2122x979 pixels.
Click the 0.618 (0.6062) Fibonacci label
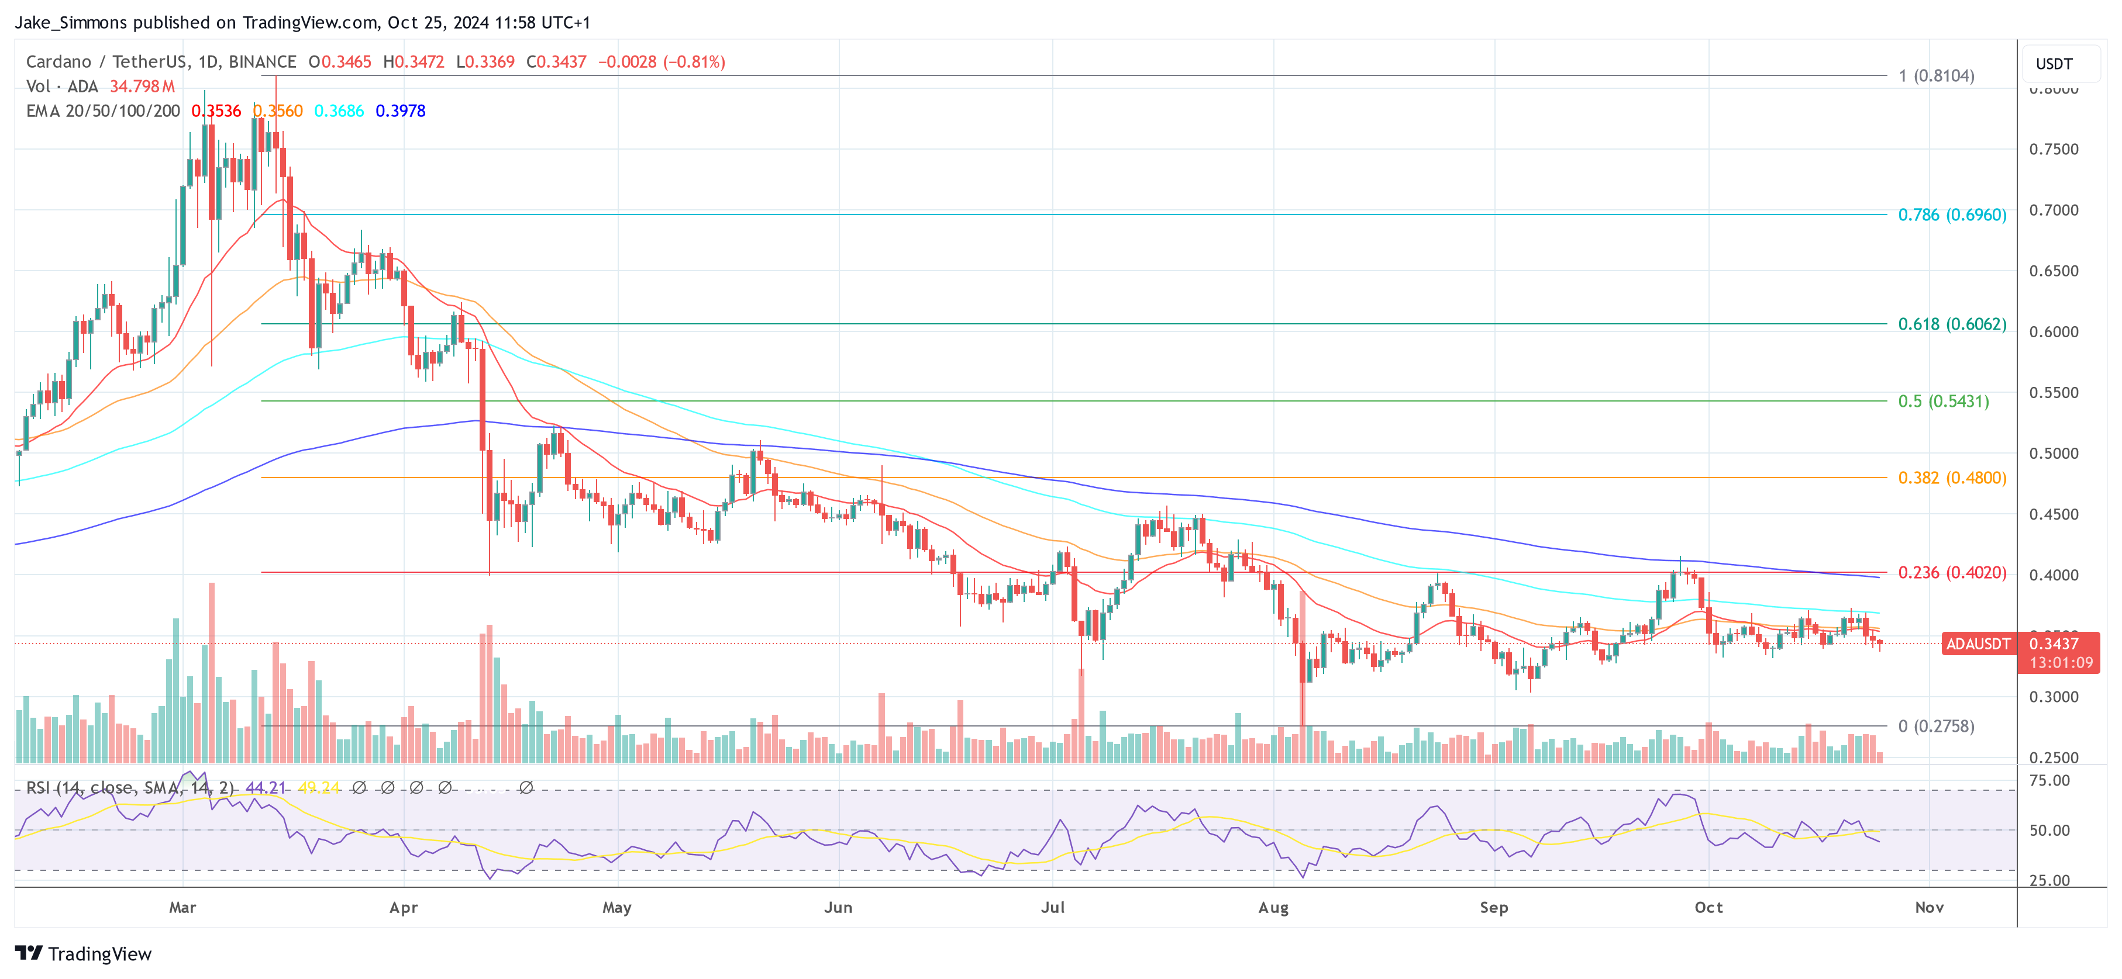[x=1951, y=324]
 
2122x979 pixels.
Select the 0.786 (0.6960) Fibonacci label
[x=1951, y=215]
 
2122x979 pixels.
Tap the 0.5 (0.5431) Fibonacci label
[x=1942, y=401]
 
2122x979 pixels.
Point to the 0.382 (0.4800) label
[x=1951, y=478]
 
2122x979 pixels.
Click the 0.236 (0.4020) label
[x=1951, y=572]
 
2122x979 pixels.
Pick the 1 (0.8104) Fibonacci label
[x=1936, y=76]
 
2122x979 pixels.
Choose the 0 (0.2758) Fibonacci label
[x=1936, y=727]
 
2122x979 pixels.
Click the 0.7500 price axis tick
[x=2054, y=149]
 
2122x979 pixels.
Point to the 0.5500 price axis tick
[x=2054, y=393]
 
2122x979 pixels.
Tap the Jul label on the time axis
[x=1053, y=907]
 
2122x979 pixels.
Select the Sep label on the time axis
[x=1493, y=907]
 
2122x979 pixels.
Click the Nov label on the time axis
[x=1929, y=907]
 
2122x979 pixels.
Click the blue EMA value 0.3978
[x=400, y=111]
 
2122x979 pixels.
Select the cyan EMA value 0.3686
[x=339, y=111]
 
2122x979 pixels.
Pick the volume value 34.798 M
[x=142, y=87]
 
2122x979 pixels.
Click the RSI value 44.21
[x=266, y=788]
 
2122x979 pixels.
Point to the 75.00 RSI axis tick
[x=2049, y=780]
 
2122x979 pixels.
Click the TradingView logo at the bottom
[x=83, y=953]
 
